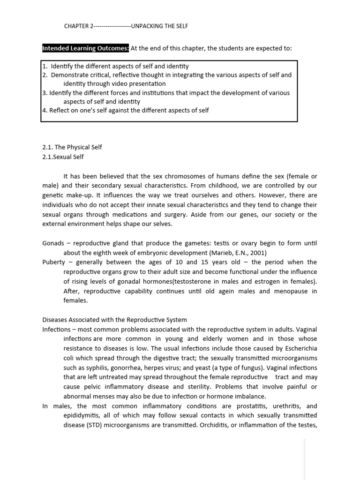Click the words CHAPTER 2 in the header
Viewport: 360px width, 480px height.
pyautogui.click(x=78, y=26)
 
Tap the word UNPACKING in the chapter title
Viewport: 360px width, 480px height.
pyautogui.click(x=148, y=26)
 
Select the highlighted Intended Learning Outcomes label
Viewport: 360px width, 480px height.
pyautogui.click(x=85, y=49)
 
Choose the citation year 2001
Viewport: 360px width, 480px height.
pyautogui.click(x=259, y=253)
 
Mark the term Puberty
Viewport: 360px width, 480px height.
pyautogui.click(x=53, y=262)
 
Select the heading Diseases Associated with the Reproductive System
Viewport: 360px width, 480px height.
pyautogui.click(x=114, y=320)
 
